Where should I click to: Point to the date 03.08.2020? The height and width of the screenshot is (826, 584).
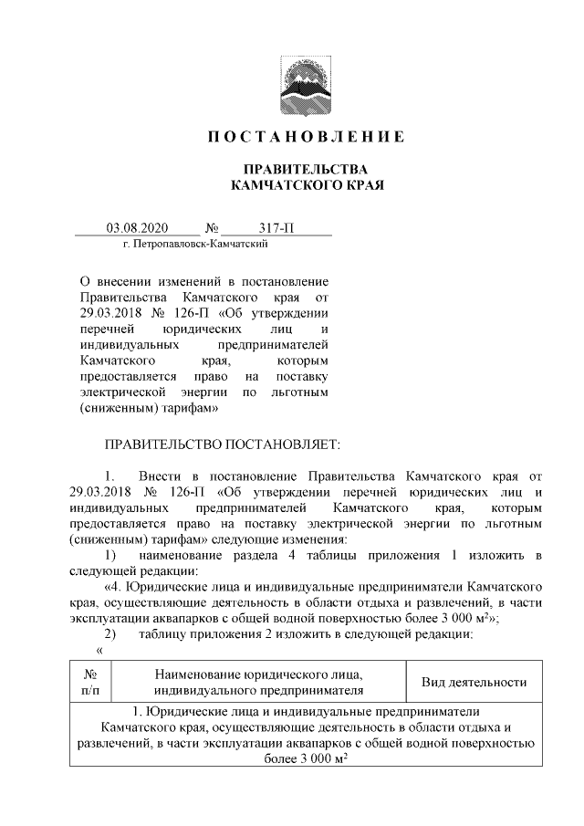pos(134,227)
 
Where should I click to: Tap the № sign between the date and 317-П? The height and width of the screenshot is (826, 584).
pos(212,227)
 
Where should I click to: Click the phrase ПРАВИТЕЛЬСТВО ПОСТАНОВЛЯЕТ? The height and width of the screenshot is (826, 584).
pos(224,444)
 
